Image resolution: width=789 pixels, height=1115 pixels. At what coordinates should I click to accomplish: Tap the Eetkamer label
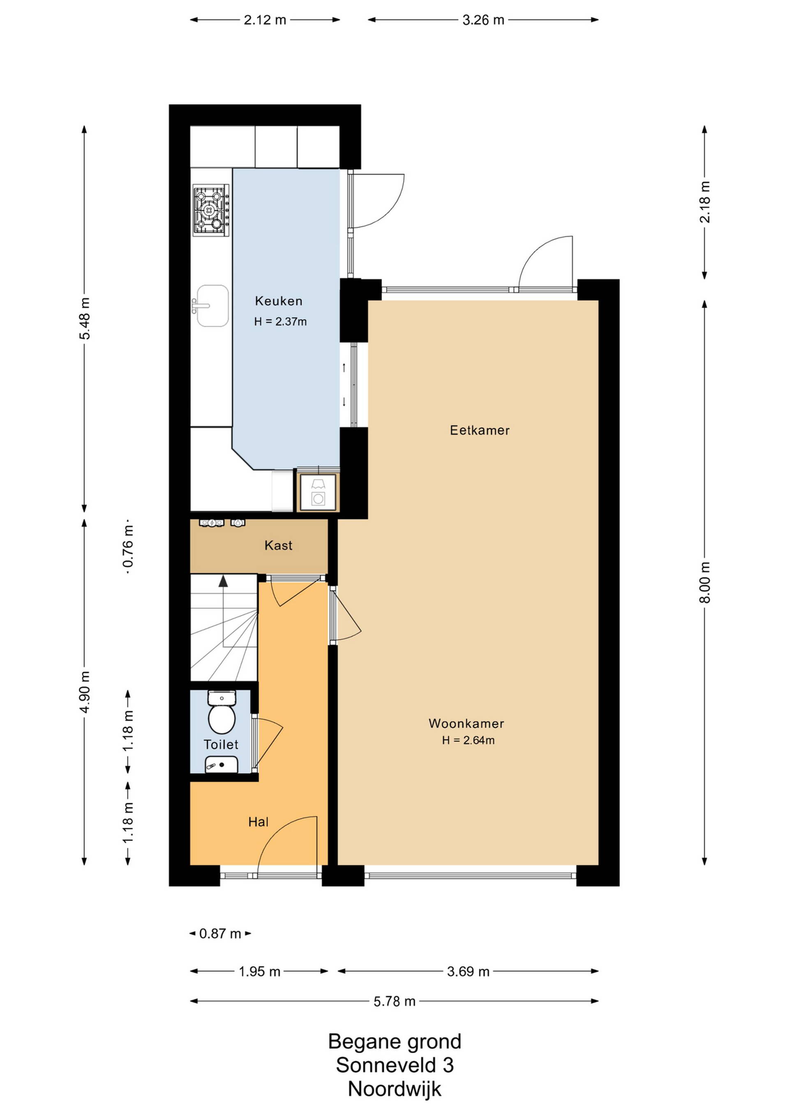click(x=480, y=430)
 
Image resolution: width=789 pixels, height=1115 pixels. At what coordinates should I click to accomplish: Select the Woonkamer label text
click(x=466, y=723)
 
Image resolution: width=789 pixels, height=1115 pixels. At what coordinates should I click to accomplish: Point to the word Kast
click(x=278, y=545)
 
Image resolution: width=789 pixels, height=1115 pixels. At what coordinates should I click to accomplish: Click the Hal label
click(x=258, y=822)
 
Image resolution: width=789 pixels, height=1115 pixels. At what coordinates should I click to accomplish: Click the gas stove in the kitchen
click(x=211, y=210)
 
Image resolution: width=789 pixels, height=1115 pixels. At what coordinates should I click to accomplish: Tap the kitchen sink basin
click(x=212, y=306)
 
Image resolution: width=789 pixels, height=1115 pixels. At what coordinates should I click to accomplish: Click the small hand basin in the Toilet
click(x=221, y=765)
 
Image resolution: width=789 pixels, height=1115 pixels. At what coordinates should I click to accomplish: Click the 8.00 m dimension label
click(x=704, y=582)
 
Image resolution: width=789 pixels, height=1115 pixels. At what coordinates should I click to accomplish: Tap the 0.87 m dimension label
click(x=220, y=934)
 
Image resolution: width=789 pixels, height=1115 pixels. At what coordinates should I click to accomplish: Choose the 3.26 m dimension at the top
click(x=483, y=20)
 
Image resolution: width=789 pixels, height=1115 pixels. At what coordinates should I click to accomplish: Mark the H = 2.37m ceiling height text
click(x=280, y=322)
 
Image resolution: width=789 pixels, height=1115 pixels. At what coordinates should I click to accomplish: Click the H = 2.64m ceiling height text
click(x=468, y=741)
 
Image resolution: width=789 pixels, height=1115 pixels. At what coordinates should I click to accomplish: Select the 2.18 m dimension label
click(x=704, y=202)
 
